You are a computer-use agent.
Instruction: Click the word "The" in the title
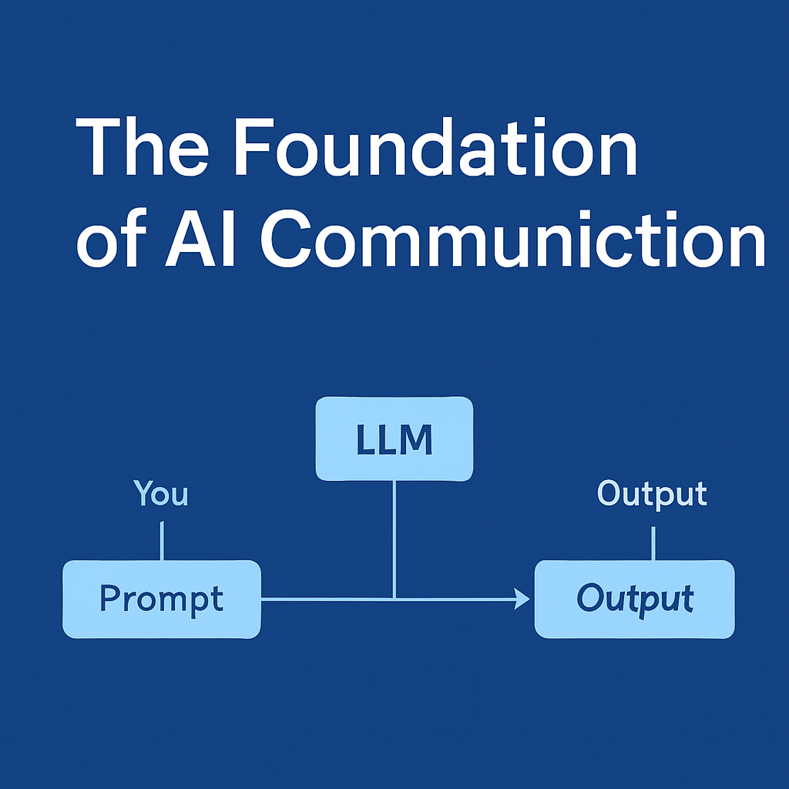pos(142,146)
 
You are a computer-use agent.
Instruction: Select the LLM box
pos(394,438)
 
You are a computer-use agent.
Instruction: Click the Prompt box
pos(162,599)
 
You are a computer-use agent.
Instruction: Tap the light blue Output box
pos(634,599)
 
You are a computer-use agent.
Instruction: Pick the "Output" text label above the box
pos(652,493)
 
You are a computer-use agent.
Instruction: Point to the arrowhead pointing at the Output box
pos(522,599)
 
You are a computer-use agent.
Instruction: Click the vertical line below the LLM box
pos(394,540)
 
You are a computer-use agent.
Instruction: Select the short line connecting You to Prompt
pos(162,540)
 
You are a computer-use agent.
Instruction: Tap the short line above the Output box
pos(653,543)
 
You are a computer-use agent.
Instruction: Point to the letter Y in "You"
pos(143,492)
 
